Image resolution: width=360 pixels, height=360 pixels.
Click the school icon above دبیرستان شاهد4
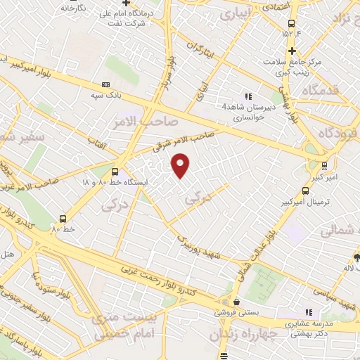[x=247, y=96]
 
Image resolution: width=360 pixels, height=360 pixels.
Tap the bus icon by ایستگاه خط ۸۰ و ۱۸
[x=115, y=171]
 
